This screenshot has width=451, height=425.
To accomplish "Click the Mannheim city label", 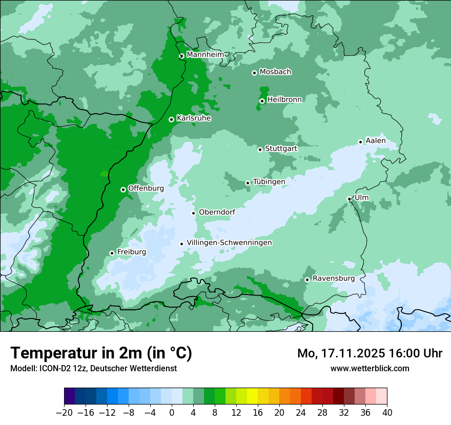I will pos(205,54).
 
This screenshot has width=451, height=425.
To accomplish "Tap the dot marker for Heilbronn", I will pos(262,101).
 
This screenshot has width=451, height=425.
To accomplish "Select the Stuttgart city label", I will pos(281,148).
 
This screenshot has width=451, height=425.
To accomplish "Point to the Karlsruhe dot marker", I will pos(171,119).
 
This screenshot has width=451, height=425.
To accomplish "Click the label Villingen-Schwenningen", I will pos(229,243).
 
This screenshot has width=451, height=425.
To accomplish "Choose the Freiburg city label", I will pos(131,252).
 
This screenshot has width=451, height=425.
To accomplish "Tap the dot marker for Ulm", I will pos(349,199).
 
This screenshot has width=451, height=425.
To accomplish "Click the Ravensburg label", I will pos(333,279).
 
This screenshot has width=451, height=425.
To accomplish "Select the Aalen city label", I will pos(375,141).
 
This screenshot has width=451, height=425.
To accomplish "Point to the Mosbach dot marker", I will pos(254,73).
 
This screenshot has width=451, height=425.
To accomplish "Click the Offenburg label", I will pos(146,188).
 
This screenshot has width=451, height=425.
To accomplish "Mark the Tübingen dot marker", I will pos(248,183).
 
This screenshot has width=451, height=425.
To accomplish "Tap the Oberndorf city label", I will pos(217,212).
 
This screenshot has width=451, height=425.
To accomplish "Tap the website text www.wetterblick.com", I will pos(370,368).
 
